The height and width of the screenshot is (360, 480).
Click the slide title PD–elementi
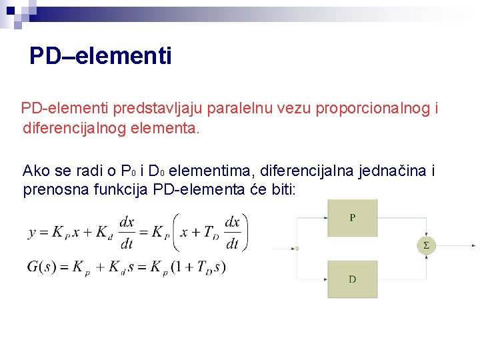[101, 56]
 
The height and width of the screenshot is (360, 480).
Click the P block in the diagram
[352, 218]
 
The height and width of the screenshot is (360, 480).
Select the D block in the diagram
[352, 279]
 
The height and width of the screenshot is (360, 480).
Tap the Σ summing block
[427, 245]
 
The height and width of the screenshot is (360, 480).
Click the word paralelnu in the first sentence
[243, 108]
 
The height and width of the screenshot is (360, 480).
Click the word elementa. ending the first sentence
[172, 127]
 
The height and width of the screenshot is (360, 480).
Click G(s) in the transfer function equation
[42, 267]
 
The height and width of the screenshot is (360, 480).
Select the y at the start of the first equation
[32, 233]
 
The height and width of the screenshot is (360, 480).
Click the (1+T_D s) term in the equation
[198, 267]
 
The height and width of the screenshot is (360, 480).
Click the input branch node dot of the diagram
[297, 249]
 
